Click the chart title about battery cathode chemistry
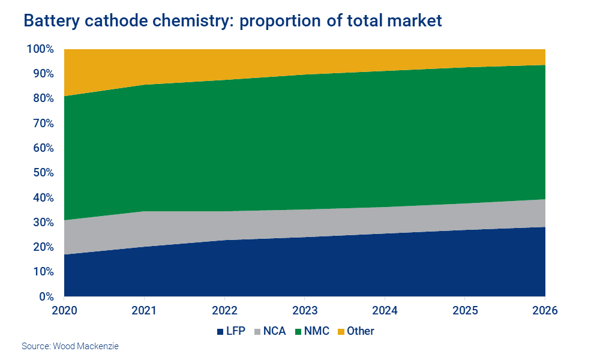tap(232, 21)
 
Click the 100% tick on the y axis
tap(40, 49)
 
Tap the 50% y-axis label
tap(43, 173)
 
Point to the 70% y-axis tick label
tap(43, 124)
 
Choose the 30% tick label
tap(43, 223)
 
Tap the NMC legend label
tap(317, 331)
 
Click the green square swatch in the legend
tap(299, 331)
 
